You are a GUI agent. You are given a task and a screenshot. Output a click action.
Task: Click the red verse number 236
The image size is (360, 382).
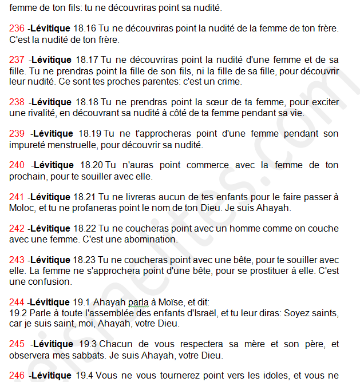17,28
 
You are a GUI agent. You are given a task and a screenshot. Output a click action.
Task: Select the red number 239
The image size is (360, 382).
17,134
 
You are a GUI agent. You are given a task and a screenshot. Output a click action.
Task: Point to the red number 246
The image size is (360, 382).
17,376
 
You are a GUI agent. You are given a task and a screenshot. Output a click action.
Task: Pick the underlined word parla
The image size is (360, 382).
139,303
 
